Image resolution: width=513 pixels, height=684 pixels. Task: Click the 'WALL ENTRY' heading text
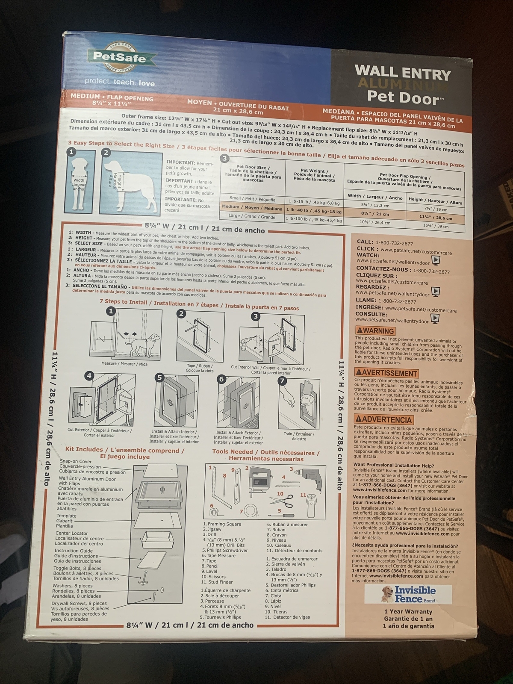pos(402,73)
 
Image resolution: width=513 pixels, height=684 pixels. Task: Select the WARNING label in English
pos(375,330)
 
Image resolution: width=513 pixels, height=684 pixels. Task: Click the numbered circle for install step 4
pos(89,376)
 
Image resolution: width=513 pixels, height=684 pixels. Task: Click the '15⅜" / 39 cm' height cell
pos(436,226)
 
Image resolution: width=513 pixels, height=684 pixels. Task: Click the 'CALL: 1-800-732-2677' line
pos(385,242)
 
